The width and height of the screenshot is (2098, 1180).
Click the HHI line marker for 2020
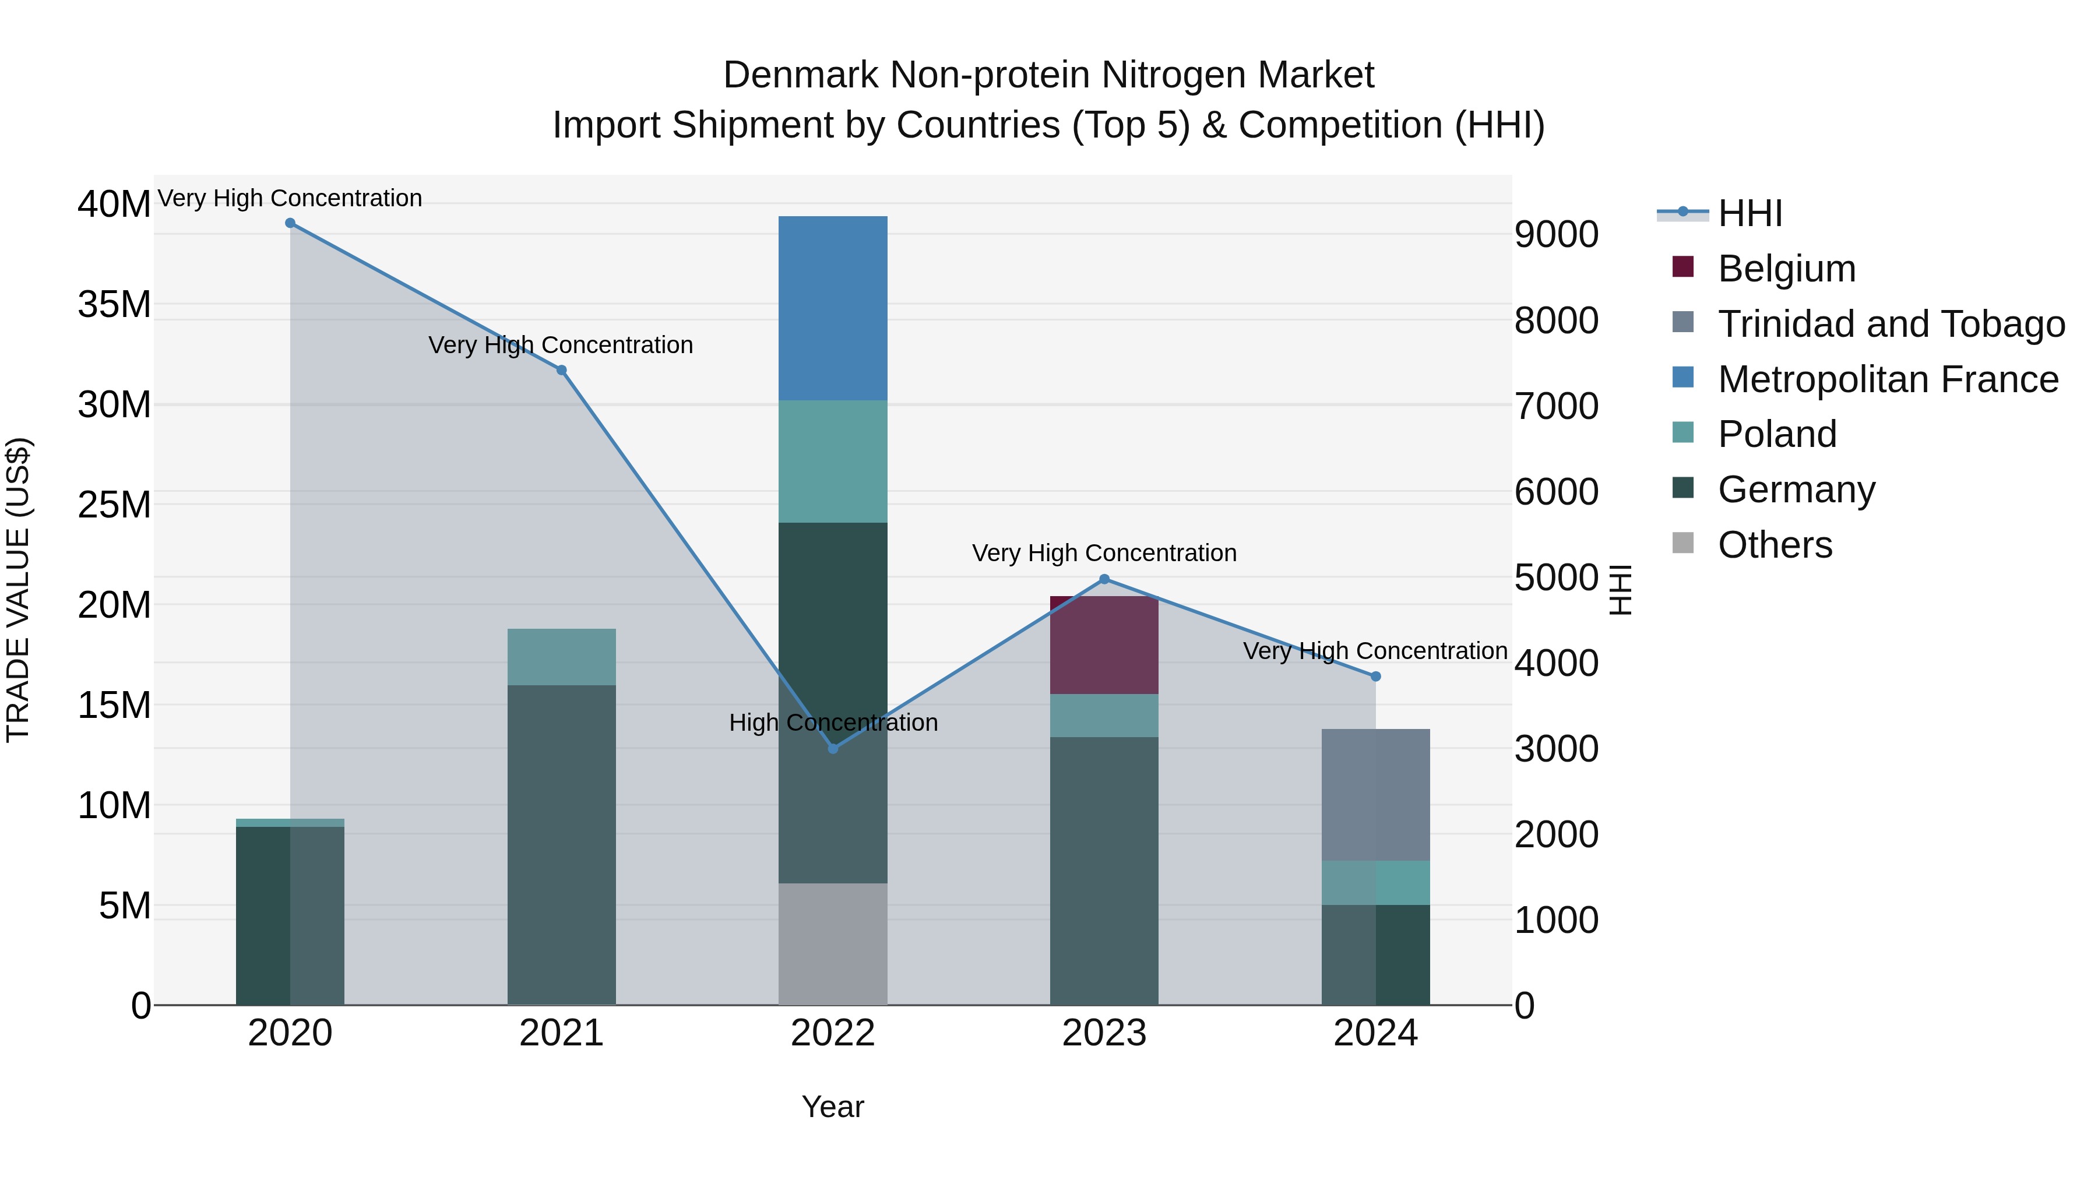point(290,223)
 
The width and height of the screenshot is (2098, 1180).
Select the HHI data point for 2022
point(832,748)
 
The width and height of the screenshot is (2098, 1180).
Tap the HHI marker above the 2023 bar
point(1104,579)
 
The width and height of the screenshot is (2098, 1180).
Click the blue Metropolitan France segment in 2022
point(832,308)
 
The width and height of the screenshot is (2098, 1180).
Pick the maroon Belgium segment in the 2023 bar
point(1104,645)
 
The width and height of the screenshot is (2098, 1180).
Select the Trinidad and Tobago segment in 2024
point(1375,794)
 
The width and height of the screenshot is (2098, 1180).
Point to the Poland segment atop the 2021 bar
point(561,656)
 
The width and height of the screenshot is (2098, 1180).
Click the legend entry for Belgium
point(1786,269)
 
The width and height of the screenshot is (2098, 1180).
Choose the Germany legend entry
point(1796,489)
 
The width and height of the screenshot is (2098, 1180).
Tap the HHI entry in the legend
point(1749,213)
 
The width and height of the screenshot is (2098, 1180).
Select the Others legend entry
point(1775,545)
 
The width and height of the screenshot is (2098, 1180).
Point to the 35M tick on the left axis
point(114,305)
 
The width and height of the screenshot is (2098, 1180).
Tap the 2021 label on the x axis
point(561,1033)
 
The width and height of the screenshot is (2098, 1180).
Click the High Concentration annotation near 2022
point(832,723)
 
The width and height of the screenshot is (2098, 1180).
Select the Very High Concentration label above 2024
point(1375,651)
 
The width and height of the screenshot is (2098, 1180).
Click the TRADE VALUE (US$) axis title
point(18,590)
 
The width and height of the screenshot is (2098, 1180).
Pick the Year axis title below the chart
point(832,1107)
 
